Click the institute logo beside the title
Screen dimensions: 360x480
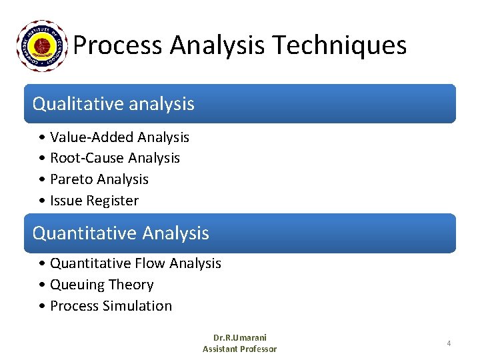click(x=42, y=45)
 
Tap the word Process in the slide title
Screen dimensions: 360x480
click(x=118, y=45)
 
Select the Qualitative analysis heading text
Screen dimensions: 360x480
click(x=113, y=104)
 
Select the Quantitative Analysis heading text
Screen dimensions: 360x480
click(x=121, y=233)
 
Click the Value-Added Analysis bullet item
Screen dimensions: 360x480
click(x=119, y=137)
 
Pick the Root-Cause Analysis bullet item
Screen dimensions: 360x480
click(x=115, y=158)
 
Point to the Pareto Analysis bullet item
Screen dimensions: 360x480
click(x=99, y=179)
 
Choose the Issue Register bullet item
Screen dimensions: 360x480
click(x=94, y=201)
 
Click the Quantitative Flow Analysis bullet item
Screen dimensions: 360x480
click(x=135, y=263)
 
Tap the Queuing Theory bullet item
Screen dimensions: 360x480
click(x=101, y=285)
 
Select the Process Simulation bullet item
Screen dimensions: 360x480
click(x=111, y=306)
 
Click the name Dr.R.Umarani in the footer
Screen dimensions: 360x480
click(x=239, y=338)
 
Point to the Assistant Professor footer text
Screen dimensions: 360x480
click(x=239, y=349)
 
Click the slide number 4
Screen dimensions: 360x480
click(x=449, y=343)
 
